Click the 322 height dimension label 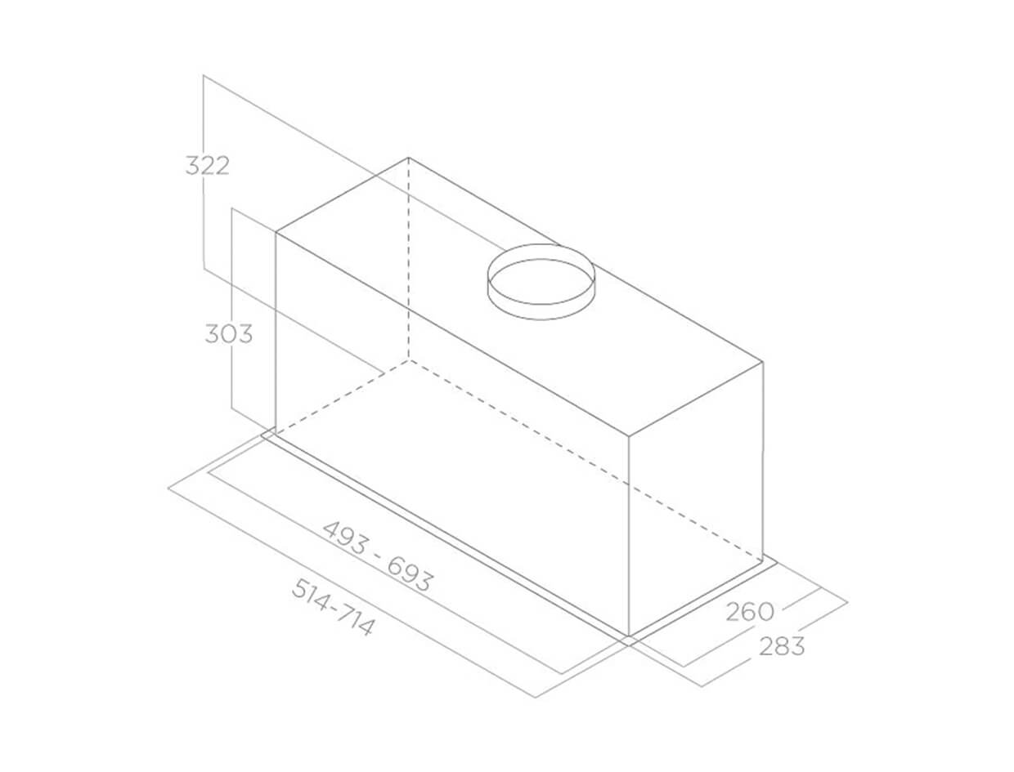pyautogui.click(x=207, y=166)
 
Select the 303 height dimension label pyautogui.click(x=229, y=334)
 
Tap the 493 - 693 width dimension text pyautogui.click(x=377, y=556)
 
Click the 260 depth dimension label pyautogui.click(x=750, y=612)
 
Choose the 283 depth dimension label pyautogui.click(x=782, y=646)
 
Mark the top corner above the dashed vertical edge pyautogui.click(x=408, y=158)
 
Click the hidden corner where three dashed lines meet pyautogui.click(x=408, y=359)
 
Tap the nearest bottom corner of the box pyautogui.click(x=628, y=636)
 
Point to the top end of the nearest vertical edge pyautogui.click(x=628, y=436)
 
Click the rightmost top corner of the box pyautogui.click(x=762, y=361)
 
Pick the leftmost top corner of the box pyautogui.click(x=276, y=233)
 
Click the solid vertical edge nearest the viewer pyautogui.click(x=628, y=536)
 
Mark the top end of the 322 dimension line pyautogui.click(x=204, y=75)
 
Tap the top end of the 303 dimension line pyautogui.click(x=232, y=208)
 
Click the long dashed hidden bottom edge pyautogui.click(x=585, y=461)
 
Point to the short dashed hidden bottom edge pyautogui.click(x=342, y=397)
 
